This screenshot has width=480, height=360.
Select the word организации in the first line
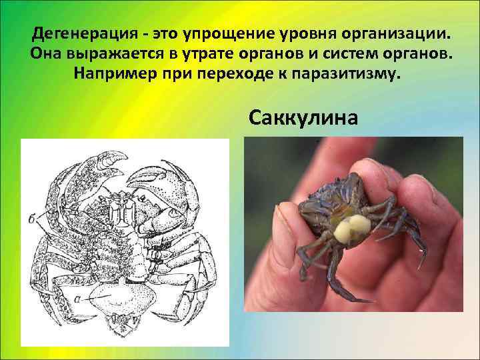(x=391, y=33)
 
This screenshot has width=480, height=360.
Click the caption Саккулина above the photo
(x=303, y=117)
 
